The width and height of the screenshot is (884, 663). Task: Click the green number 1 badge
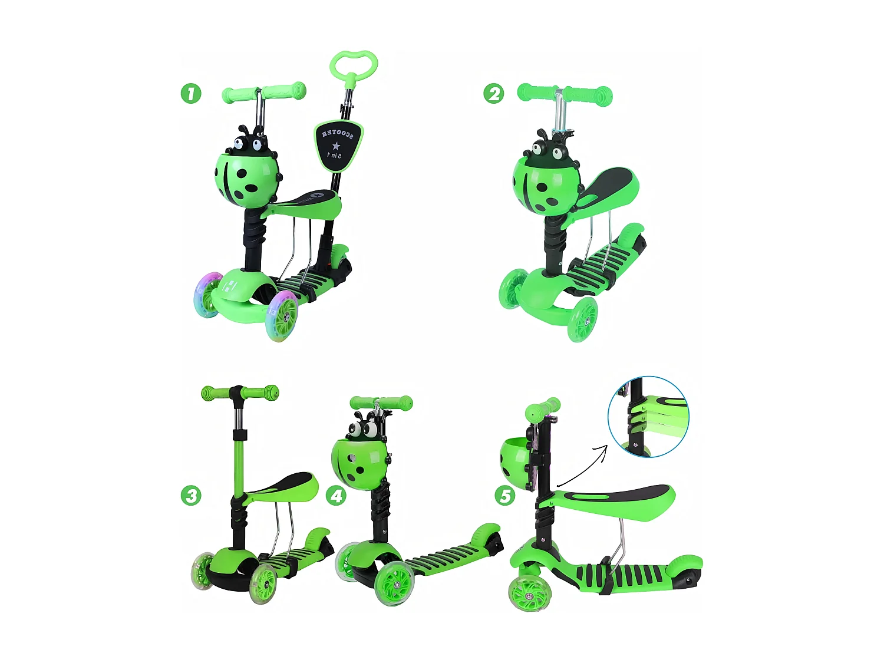(x=191, y=93)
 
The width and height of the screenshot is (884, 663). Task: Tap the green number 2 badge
(x=494, y=94)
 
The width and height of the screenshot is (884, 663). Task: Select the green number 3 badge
(x=191, y=495)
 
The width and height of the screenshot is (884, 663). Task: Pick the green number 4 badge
(x=337, y=495)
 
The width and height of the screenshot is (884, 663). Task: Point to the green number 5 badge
(x=505, y=495)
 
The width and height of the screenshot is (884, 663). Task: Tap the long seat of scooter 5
(x=613, y=499)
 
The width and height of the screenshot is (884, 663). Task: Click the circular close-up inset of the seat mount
(x=648, y=417)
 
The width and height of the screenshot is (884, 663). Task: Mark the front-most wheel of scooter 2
(x=582, y=320)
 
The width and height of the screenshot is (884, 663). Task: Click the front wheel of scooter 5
(x=529, y=592)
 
